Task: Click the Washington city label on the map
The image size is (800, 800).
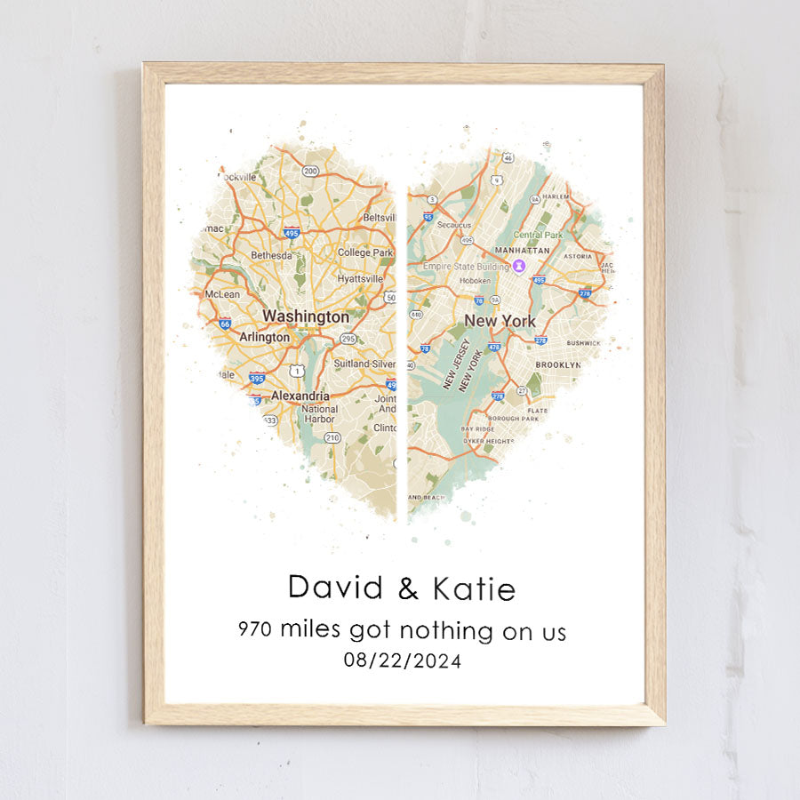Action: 305,316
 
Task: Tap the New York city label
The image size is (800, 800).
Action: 500,321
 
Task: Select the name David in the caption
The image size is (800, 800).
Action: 335,588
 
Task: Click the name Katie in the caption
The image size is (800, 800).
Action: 473,588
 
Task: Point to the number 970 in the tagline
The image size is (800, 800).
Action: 256,630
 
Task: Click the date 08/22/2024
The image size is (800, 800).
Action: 403,660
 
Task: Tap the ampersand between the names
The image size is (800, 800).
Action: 407,588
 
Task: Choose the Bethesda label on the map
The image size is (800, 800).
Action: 271,255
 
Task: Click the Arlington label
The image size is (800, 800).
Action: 264,338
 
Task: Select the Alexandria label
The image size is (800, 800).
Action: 300,396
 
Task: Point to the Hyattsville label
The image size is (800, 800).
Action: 360,278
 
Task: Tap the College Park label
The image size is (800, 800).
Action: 364,252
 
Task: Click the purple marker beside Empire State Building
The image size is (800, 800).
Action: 519,265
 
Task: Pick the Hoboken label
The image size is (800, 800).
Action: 475,281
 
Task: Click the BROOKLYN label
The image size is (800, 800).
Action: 557,364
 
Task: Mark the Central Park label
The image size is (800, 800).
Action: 539,235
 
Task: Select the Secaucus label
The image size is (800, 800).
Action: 453,225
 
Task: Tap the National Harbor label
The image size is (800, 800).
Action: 319,413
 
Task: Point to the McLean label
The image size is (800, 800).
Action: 222,294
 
